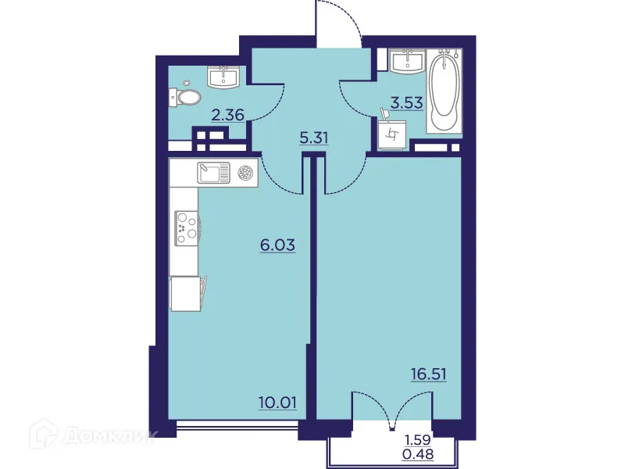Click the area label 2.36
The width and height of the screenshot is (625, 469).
(229, 115)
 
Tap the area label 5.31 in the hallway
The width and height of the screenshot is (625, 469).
(314, 138)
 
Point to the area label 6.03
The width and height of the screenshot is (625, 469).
(277, 245)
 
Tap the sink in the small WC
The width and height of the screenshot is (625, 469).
(224, 77)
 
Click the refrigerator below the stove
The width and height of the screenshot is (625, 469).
(185, 296)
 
